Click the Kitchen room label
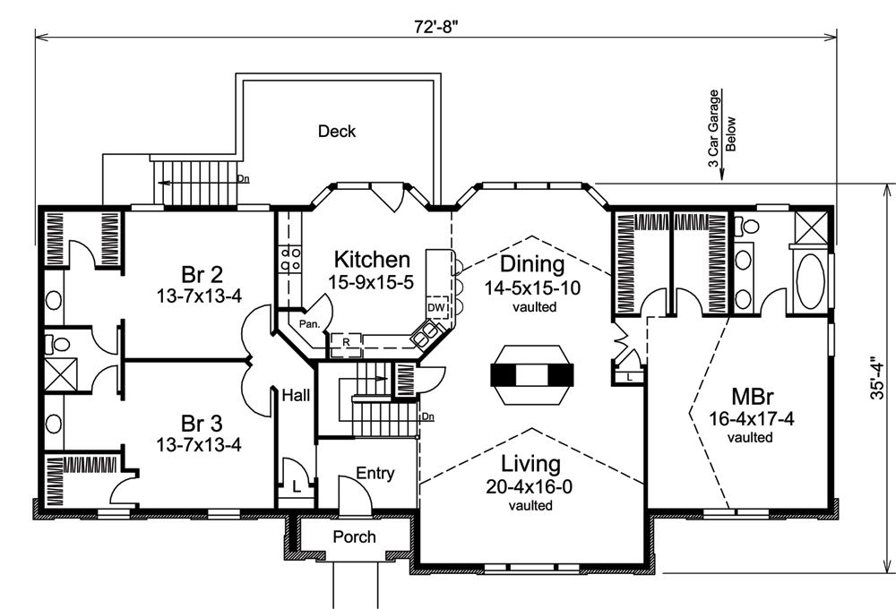click(x=372, y=260)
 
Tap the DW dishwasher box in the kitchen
click(x=436, y=307)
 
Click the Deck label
click(x=337, y=132)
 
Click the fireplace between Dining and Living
click(x=531, y=375)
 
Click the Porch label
click(x=354, y=537)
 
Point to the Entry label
click(x=375, y=474)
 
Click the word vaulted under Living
click(x=530, y=505)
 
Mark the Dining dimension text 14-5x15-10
click(x=535, y=288)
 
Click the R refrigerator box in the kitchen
click(x=346, y=341)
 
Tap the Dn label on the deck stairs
click(x=242, y=178)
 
